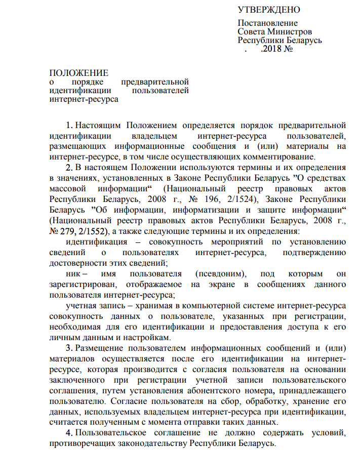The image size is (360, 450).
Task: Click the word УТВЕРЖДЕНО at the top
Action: pos(269,10)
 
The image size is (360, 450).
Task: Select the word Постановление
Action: pos(268,23)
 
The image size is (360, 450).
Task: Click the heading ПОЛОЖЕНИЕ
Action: pos(78,73)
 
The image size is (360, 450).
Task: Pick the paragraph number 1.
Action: pos(69,125)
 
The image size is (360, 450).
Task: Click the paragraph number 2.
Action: pos(69,167)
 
